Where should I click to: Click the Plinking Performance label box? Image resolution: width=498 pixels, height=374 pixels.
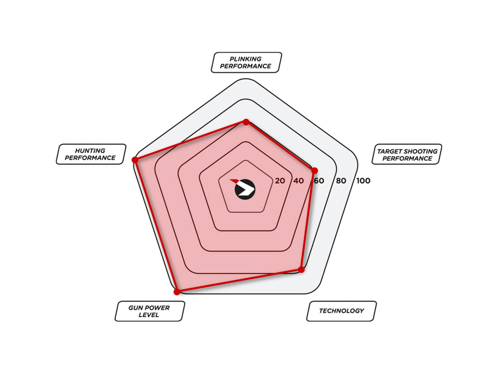(246, 62)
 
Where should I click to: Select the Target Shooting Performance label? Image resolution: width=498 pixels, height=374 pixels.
(407, 154)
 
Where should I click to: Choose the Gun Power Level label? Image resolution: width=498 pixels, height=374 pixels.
(150, 311)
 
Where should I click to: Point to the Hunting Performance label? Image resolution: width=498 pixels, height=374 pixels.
(91, 154)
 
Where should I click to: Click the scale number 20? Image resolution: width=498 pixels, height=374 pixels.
(280, 181)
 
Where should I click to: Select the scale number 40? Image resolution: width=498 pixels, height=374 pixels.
(298, 181)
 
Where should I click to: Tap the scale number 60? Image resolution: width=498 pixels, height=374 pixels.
(319, 181)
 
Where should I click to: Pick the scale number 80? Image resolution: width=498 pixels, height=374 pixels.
(341, 181)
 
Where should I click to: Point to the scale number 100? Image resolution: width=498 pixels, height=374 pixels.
(363, 181)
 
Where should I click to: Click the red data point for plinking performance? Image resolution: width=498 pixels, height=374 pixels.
(246, 122)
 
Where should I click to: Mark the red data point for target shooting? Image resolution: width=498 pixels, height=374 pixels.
(314, 171)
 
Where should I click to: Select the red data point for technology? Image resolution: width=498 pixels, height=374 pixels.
(301, 269)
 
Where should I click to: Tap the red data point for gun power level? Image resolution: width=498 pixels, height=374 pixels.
(177, 292)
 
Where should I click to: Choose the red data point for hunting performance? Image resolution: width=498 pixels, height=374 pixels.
(135, 160)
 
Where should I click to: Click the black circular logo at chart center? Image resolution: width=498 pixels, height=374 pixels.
(245, 189)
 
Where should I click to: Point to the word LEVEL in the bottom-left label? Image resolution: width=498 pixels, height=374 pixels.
(149, 315)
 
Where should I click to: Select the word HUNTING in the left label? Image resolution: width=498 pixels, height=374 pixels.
(90, 150)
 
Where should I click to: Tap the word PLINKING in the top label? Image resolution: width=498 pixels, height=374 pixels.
(245, 59)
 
